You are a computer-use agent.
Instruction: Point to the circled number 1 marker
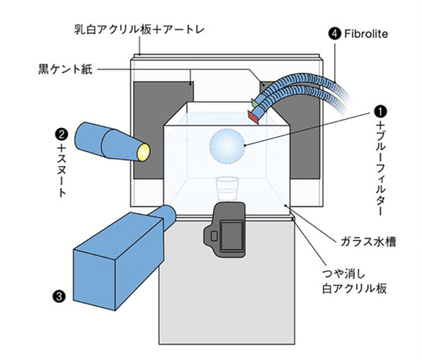tap(380, 111)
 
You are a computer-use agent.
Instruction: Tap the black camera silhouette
tap(227, 229)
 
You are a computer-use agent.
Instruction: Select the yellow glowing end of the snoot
tap(144, 149)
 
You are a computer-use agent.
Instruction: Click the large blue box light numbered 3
tap(116, 257)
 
